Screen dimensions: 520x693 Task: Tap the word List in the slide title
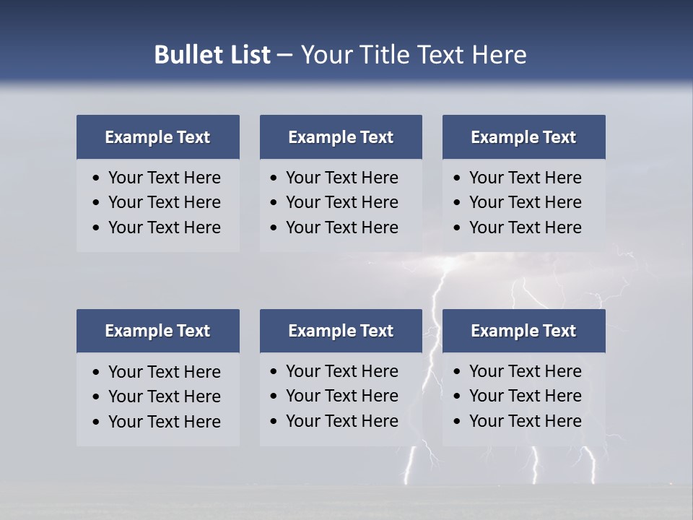tap(248, 55)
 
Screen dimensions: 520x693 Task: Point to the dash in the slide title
tap(284, 56)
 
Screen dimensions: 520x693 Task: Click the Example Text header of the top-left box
tap(157, 137)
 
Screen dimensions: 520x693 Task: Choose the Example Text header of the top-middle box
tap(341, 137)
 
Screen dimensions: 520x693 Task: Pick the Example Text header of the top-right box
tap(523, 137)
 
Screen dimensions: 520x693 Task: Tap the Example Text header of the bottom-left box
tap(157, 331)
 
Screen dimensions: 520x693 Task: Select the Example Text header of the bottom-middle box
tap(341, 331)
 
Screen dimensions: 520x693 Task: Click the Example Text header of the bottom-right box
tap(523, 331)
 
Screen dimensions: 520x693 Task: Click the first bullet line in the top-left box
tap(164, 178)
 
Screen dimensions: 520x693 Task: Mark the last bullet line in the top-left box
tap(164, 227)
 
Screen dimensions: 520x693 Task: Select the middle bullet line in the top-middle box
tap(341, 202)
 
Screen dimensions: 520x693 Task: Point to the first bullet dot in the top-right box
tap(458, 178)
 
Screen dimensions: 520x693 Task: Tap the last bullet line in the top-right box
tap(525, 227)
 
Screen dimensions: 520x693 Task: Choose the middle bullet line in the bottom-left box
tap(164, 396)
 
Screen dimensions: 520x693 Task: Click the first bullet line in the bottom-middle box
tap(341, 371)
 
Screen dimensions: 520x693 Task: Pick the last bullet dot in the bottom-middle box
tap(274, 422)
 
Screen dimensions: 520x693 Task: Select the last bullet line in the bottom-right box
tap(525, 421)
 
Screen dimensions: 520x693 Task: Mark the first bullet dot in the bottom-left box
tap(97, 373)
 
